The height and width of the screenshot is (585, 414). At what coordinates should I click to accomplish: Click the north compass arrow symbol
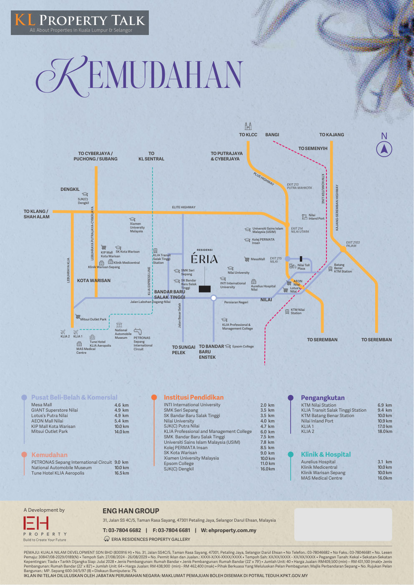[x=384, y=149]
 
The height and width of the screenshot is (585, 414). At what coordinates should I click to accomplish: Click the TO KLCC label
[x=248, y=135]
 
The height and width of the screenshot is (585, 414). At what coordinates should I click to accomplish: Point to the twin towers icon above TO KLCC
[x=248, y=126]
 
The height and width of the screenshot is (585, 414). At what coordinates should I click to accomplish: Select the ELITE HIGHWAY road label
[x=183, y=207]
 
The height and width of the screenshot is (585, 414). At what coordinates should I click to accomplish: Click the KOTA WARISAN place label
[x=94, y=281]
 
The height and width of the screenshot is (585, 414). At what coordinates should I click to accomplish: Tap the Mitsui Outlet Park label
[x=93, y=320]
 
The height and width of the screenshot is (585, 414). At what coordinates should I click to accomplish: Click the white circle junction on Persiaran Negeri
[x=213, y=298]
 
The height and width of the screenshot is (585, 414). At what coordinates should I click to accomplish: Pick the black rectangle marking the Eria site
[x=205, y=289]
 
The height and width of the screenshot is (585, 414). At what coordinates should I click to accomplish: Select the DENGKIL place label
[x=70, y=189]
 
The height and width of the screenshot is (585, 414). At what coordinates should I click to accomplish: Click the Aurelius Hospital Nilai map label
[x=263, y=288]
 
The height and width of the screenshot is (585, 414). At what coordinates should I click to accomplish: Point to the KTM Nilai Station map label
[x=297, y=311]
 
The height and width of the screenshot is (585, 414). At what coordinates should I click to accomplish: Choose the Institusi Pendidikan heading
[x=193, y=397]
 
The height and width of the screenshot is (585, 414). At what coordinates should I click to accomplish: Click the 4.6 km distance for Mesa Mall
[x=121, y=405]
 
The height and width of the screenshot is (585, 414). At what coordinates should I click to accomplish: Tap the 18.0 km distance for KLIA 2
[x=384, y=432]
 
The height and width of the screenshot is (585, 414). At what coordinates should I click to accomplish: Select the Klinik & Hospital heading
[x=326, y=455]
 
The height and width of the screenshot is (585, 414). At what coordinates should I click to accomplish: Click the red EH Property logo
[x=36, y=523]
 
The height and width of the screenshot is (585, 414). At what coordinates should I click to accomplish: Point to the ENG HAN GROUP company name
[x=131, y=511]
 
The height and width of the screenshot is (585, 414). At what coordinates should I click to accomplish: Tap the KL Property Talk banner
[x=80, y=22]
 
